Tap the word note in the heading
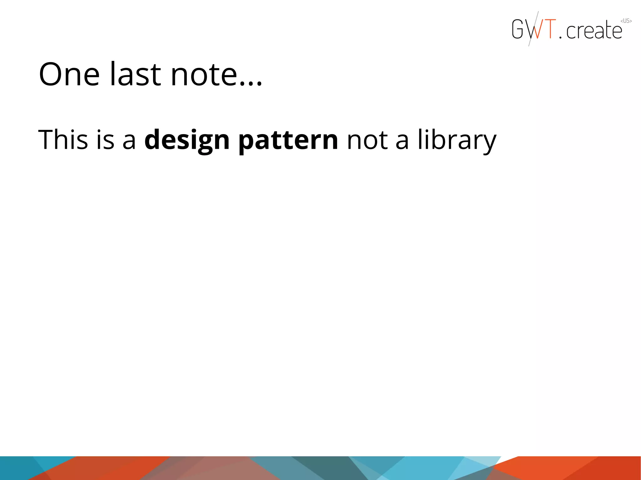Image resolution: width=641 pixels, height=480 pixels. tap(204, 75)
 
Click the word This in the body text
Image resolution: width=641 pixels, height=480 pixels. tap(63, 140)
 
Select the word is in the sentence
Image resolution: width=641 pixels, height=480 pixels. tap(105, 140)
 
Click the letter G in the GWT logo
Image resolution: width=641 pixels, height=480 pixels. tap(518, 29)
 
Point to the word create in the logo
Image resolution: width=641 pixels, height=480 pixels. tap(594, 31)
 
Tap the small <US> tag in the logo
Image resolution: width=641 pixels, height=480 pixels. tap(626, 21)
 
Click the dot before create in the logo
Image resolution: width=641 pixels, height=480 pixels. tap(560, 37)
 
